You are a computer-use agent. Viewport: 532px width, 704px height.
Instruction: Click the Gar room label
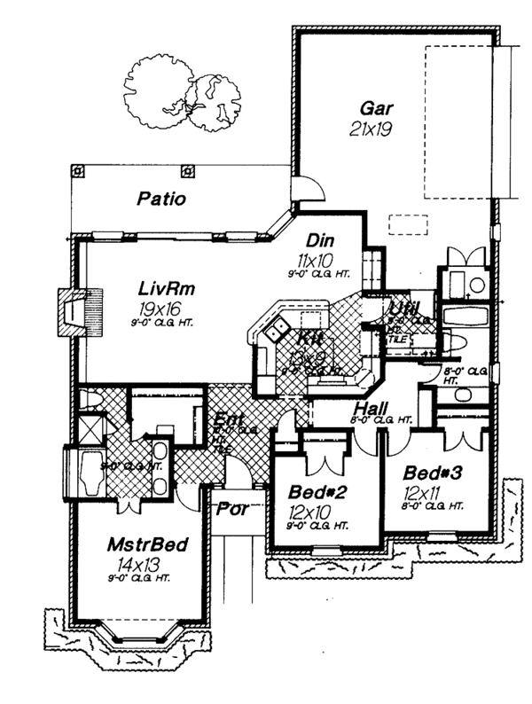[376, 110]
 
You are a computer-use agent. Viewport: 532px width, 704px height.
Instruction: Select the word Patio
[161, 199]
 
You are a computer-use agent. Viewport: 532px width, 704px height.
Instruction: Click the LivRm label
[166, 289]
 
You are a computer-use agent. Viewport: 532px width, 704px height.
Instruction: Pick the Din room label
[318, 241]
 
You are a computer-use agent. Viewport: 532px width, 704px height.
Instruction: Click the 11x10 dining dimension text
[316, 259]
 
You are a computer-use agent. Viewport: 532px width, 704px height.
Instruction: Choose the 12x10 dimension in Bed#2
[309, 511]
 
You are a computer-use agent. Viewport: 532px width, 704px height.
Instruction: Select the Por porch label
[232, 509]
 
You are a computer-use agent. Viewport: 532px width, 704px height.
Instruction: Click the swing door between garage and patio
[304, 187]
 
